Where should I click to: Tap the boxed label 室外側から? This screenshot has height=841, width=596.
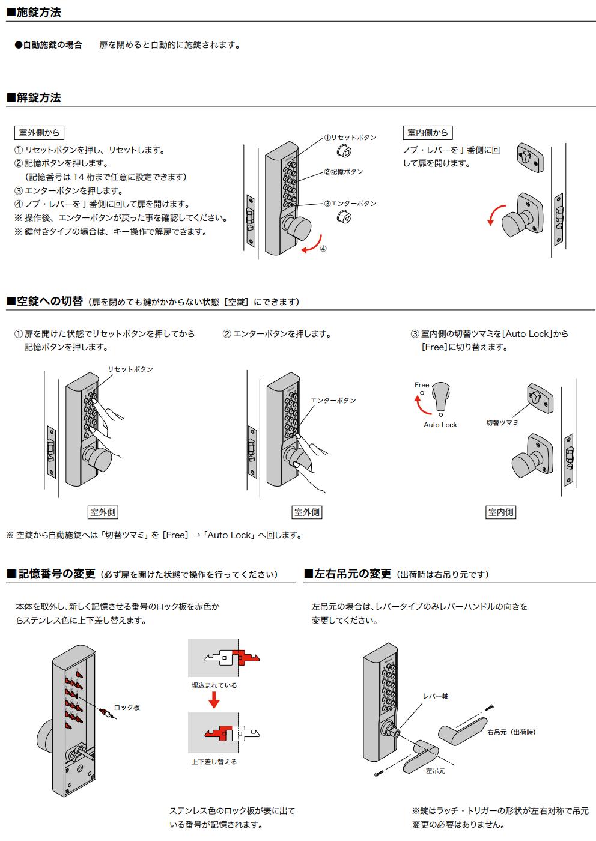(39, 133)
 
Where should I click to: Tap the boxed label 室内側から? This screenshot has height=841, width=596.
(427, 133)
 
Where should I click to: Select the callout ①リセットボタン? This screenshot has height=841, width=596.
(350, 138)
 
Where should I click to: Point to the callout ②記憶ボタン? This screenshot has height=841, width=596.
(344, 172)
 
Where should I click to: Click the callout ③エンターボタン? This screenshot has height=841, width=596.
(350, 204)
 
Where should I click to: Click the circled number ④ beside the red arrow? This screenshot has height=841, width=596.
(323, 248)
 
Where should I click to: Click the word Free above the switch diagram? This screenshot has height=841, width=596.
(422, 385)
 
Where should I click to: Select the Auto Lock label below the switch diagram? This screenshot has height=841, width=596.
(440, 425)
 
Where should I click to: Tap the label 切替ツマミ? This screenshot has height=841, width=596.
(502, 423)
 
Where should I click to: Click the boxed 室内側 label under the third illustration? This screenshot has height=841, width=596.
(500, 512)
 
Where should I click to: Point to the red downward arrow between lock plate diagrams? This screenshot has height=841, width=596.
(213, 700)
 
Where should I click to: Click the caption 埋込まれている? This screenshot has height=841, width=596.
(214, 685)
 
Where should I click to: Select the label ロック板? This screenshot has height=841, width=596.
(127, 708)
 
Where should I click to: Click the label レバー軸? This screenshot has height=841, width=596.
(436, 696)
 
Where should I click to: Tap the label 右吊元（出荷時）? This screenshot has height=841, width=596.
(511, 732)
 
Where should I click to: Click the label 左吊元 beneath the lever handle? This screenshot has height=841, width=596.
(436, 771)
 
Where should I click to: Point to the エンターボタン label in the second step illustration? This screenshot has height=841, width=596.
(333, 401)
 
